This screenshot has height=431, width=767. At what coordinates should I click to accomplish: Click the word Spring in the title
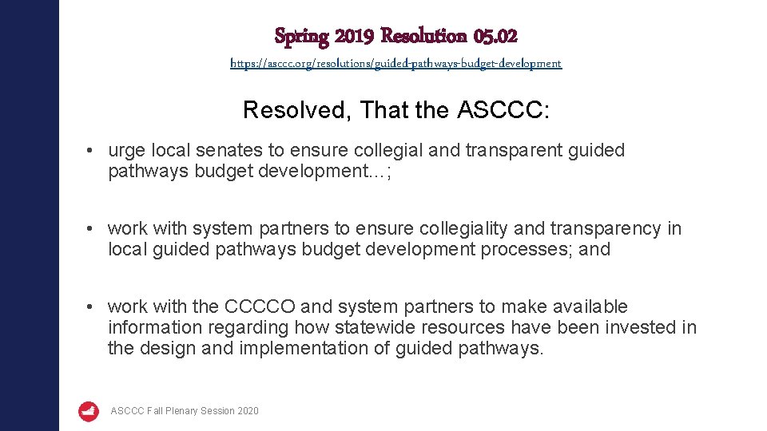(301, 36)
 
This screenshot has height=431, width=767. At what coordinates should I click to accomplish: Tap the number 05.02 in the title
(495, 36)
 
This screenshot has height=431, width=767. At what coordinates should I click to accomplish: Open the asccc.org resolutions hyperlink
(396, 63)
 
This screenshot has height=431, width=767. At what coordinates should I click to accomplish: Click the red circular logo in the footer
(89, 411)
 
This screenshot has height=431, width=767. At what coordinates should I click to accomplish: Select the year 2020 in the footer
(248, 411)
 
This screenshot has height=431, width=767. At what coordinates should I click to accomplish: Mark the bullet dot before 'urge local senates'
(93, 151)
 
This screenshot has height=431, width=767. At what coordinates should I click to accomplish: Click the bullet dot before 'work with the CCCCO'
(93, 307)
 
